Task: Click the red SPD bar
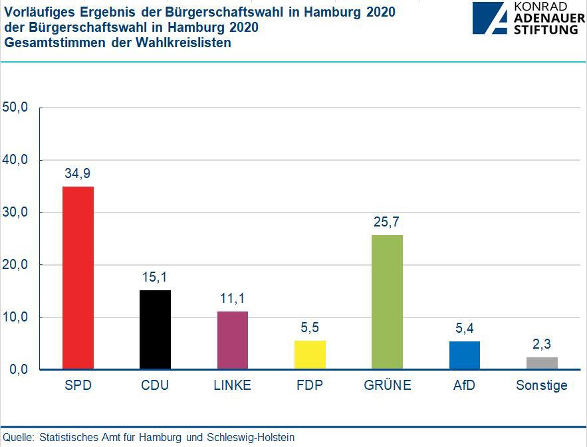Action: pyautogui.click(x=78, y=278)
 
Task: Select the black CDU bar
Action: pyautogui.click(x=155, y=329)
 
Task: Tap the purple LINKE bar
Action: pyautogui.click(x=232, y=340)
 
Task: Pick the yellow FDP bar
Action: pyautogui.click(x=310, y=355)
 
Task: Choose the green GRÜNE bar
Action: pyautogui.click(x=387, y=302)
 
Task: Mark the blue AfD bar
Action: pyautogui.click(x=464, y=355)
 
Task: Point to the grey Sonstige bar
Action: pyautogui.click(x=542, y=363)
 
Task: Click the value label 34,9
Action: pyautogui.click(x=78, y=173)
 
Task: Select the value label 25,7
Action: pyautogui.click(x=387, y=222)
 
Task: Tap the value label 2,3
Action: pyautogui.click(x=542, y=344)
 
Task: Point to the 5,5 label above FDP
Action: pyautogui.click(x=310, y=327)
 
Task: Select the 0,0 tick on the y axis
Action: pyautogui.click(x=18, y=369)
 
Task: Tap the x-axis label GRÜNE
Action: pyautogui.click(x=387, y=385)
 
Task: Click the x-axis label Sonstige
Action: pyautogui.click(x=542, y=385)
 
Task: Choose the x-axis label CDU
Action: pyautogui.click(x=155, y=385)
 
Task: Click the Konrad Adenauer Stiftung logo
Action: pyautogui.click(x=528, y=18)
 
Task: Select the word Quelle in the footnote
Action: pyautogui.click(x=19, y=437)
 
